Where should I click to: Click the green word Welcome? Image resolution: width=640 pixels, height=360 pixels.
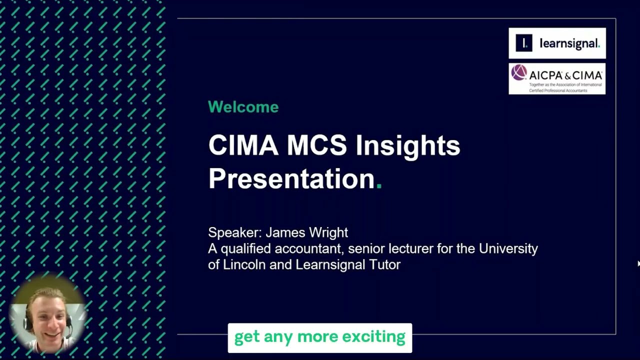coord(243,107)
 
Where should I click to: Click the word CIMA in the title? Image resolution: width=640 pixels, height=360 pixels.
coord(243,145)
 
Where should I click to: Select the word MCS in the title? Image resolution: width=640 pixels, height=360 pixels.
coord(316,145)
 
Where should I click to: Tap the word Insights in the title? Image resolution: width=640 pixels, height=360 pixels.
coord(407,145)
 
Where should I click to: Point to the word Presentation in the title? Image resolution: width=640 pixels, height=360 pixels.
coord(291,178)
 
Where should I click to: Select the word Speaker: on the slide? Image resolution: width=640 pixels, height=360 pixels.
coord(234,232)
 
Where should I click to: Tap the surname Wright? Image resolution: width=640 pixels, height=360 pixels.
coord(328,232)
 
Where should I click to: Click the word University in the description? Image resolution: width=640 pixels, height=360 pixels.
coord(508,248)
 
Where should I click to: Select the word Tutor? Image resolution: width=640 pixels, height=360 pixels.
coord(384,264)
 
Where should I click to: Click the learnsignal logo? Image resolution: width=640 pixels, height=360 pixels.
coord(557,43)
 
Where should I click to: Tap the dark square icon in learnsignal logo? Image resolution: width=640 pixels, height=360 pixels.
coord(524,43)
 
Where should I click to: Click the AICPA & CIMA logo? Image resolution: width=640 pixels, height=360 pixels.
coord(557,78)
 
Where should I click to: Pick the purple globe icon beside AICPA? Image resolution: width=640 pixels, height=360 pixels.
coord(519,73)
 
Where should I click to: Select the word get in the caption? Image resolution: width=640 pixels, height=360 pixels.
coord(246,337)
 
